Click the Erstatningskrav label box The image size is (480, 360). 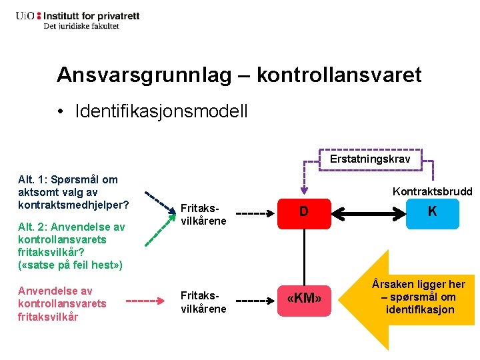click(370, 159)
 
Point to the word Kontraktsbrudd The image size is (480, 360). click(432, 191)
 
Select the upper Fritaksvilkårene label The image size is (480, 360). click(203, 214)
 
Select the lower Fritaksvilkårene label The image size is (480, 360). click(203, 303)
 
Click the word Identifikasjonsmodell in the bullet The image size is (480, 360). click(162, 111)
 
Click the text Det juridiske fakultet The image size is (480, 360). click(81, 26)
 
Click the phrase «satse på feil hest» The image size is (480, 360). click(70, 265)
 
